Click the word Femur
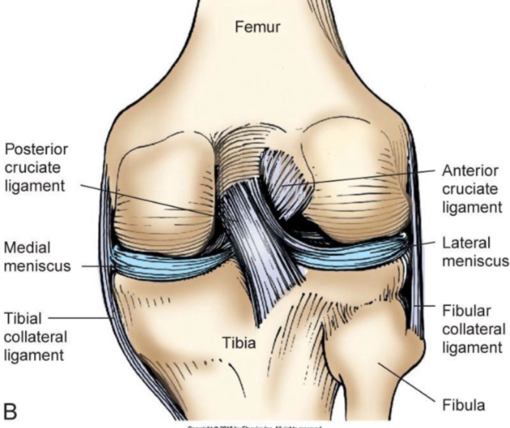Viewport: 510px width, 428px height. [257, 27]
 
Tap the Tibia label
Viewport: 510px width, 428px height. [239, 343]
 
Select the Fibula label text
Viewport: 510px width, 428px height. [463, 405]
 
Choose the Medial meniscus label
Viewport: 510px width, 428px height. [37, 256]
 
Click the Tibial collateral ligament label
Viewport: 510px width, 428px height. [35, 337]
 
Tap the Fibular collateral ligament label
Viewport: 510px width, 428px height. [473, 329]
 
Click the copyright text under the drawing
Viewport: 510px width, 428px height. [254, 425]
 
